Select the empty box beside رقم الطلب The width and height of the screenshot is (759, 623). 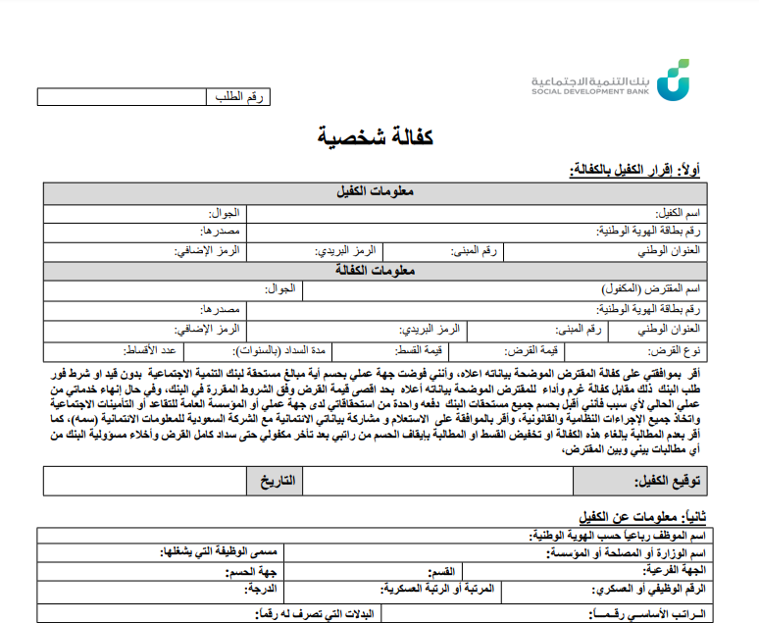(122, 97)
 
